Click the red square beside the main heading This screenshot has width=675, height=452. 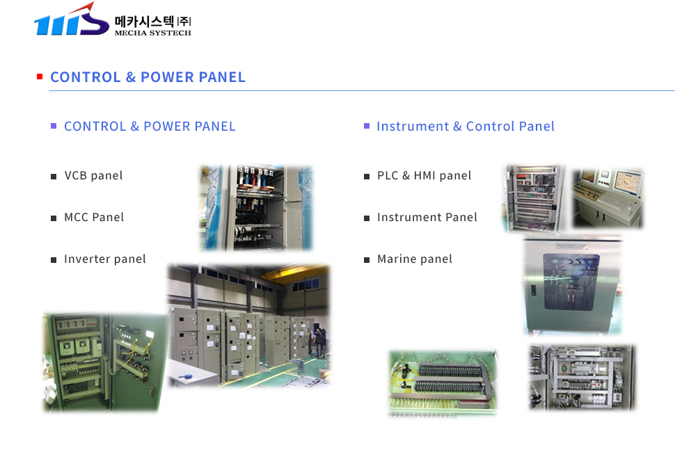(x=40, y=76)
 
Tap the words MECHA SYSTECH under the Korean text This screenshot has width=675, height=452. (x=153, y=33)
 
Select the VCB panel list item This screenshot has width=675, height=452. (x=93, y=175)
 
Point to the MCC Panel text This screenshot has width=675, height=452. (x=94, y=217)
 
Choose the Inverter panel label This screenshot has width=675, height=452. (x=105, y=259)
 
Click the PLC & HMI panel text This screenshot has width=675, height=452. (x=424, y=175)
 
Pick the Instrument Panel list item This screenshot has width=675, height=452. (x=427, y=217)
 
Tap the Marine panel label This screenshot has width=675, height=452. (x=415, y=259)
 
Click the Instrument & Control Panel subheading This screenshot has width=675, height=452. (x=466, y=126)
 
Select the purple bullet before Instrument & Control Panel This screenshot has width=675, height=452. (x=367, y=126)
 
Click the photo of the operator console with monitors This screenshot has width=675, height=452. (x=607, y=197)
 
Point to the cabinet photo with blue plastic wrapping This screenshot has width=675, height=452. (x=256, y=208)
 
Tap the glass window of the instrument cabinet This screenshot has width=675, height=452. (x=571, y=281)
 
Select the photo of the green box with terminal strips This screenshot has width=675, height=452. (x=443, y=382)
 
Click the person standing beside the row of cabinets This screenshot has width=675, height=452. (x=320, y=343)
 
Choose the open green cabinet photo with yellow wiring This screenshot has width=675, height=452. (x=106, y=362)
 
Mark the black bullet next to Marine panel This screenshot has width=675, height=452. (x=367, y=260)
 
